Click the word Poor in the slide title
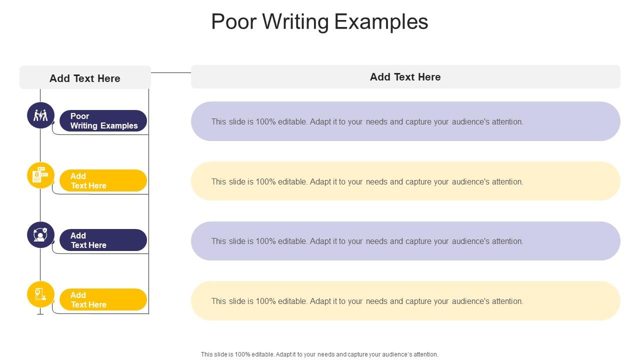(233, 22)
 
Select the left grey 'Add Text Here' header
(85, 78)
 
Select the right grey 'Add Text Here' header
(405, 77)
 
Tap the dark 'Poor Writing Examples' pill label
(103, 121)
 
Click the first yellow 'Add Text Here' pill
(103, 180)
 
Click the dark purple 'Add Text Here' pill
(103, 240)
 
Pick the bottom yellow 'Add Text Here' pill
(103, 299)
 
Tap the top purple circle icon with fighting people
(40, 115)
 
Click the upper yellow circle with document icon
(40, 175)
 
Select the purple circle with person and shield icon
(40, 235)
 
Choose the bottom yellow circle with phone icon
(40, 294)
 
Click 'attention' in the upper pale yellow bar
(507, 181)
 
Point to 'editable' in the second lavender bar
(292, 241)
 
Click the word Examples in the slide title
(381, 22)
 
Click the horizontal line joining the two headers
(170, 72)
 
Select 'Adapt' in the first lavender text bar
(321, 121)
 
